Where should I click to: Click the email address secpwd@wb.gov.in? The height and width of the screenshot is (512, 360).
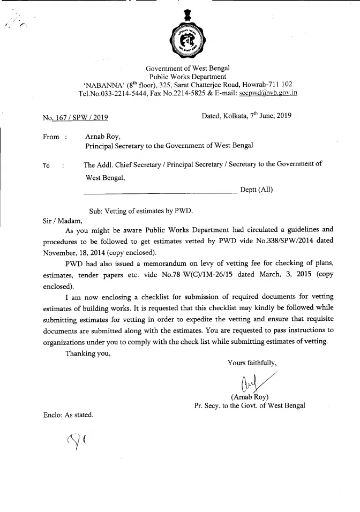click(268, 93)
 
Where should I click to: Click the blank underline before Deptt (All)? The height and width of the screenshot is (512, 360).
click(161, 191)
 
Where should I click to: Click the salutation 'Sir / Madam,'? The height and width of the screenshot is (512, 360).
click(63, 220)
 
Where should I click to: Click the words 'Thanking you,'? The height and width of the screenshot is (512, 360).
click(88, 352)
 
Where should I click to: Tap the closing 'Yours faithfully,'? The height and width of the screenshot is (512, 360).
click(252, 363)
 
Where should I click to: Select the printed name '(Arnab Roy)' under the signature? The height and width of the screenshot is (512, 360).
click(250, 397)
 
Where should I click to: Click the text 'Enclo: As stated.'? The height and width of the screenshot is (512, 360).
click(68, 415)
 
